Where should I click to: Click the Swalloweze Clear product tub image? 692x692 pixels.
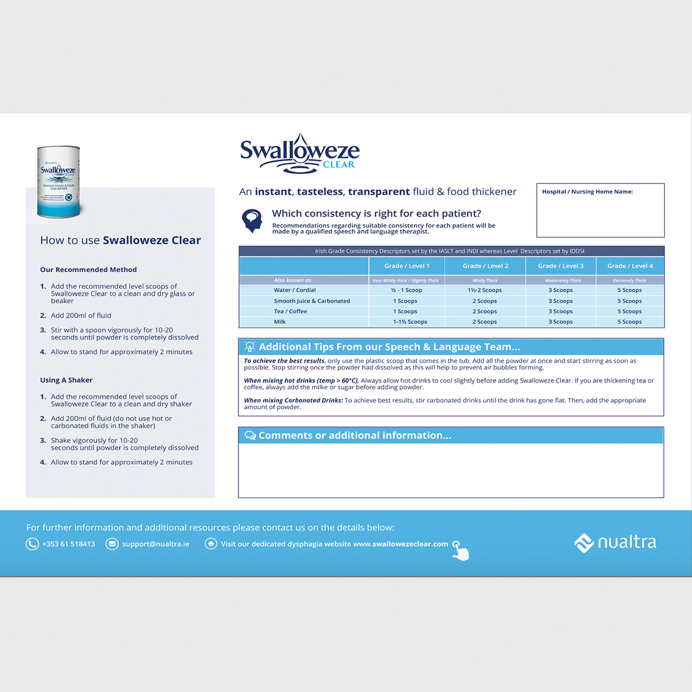(x=59, y=182)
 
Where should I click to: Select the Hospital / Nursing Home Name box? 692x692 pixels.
(x=600, y=210)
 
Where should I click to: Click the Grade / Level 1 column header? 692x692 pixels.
(x=406, y=266)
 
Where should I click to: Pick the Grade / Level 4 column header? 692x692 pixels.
(x=630, y=266)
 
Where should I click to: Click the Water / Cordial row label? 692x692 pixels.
(x=295, y=290)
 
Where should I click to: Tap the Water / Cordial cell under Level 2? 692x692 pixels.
(x=484, y=290)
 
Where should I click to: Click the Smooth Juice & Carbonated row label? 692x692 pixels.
(x=312, y=301)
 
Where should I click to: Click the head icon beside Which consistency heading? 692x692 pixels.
(x=252, y=220)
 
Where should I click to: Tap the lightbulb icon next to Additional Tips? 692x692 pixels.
(x=250, y=347)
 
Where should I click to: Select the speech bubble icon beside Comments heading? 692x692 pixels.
(x=250, y=436)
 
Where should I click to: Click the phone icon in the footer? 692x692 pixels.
(x=32, y=544)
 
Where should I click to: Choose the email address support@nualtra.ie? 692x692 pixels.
(x=156, y=544)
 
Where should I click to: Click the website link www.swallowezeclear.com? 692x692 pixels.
(x=400, y=544)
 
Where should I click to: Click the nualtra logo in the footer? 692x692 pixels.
(x=615, y=542)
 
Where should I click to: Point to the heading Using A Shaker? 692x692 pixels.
(x=66, y=380)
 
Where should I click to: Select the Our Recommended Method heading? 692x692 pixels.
(x=88, y=270)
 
